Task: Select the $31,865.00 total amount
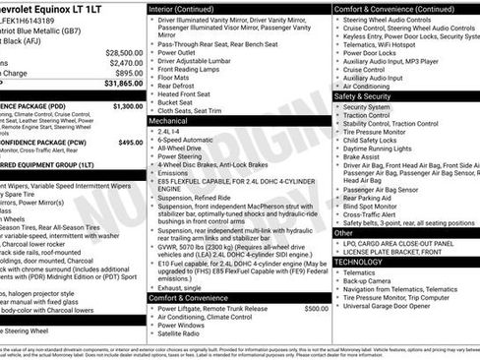pos(122,85)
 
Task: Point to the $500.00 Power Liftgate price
pos(316,308)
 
